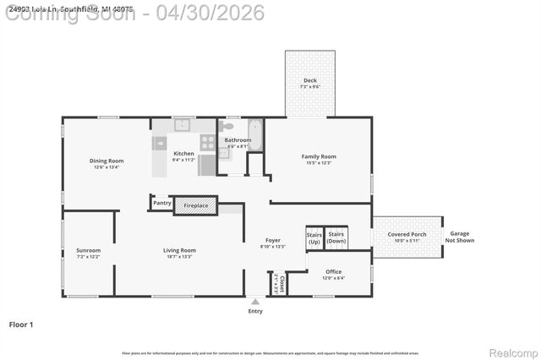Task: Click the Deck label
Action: point(309,81)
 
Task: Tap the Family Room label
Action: point(319,156)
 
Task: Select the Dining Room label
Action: point(107,161)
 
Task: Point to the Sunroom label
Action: point(88,250)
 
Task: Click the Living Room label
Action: point(179,250)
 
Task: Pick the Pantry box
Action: point(161,203)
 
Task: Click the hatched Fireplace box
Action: point(196,205)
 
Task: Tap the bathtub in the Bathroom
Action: point(255,135)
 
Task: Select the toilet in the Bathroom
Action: point(226,127)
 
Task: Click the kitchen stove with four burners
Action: point(208,143)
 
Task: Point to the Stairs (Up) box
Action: point(314,237)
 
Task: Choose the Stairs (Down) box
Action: point(336,237)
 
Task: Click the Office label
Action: point(334,273)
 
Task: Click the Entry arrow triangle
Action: point(255,301)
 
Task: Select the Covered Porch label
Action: point(407,234)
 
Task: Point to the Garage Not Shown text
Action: point(459,237)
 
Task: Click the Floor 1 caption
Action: point(21,324)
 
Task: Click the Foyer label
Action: point(273,241)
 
